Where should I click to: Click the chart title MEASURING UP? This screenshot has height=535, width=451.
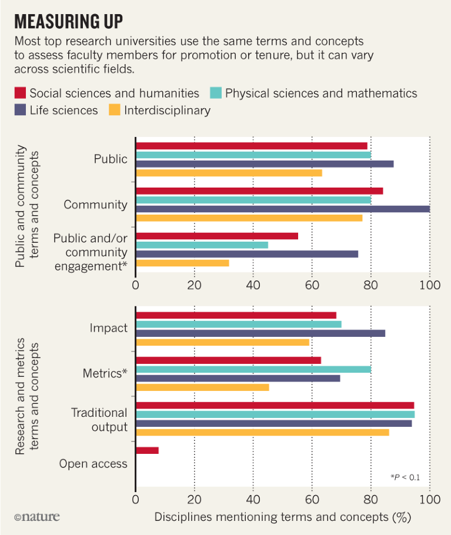coord(68,22)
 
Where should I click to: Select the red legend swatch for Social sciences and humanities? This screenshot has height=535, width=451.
coord(20,93)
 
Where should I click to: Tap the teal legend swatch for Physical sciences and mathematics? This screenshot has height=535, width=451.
coord(216,93)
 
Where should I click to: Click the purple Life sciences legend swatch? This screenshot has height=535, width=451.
coord(20,110)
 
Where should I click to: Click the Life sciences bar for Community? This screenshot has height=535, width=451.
coord(282,209)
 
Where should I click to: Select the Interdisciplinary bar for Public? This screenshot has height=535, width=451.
coord(229,173)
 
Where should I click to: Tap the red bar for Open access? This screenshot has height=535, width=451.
coord(147,450)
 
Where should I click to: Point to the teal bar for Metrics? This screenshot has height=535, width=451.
coord(253,369)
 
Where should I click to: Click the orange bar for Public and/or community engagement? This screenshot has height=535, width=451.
coord(182,263)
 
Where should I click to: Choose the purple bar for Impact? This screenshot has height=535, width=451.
coord(260,333)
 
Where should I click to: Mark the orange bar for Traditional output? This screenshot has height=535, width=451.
coord(262,433)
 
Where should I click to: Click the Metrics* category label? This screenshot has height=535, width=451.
coord(105,373)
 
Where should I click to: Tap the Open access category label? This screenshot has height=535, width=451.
coord(93,464)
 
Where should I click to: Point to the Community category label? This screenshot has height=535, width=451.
coord(95,205)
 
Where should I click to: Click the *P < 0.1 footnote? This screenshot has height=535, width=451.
coord(405,477)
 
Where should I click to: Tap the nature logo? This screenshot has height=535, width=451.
coord(37,517)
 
